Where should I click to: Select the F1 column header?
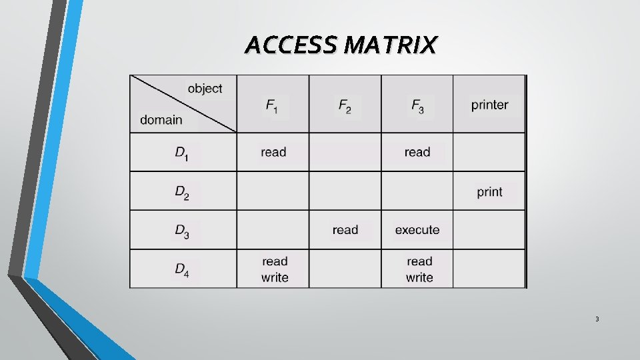(x=273, y=105)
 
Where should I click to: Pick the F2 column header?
(x=345, y=105)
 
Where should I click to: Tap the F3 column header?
(x=417, y=105)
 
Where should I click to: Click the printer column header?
(x=489, y=105)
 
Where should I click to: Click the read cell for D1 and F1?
(x=273, y=152)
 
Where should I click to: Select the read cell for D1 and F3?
(x=417, y=152)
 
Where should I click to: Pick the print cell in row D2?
(x=489, y=192)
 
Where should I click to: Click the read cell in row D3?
(x=345, y=230)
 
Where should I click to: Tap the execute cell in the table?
(x=417, y=230)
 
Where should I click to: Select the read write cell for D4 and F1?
(x=275, y=269)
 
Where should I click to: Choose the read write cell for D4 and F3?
(x=419, y=269)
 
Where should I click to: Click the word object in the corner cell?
(x=205, y=89)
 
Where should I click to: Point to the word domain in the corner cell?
(x=161, y=120)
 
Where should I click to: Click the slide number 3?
(x=597, y=319)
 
